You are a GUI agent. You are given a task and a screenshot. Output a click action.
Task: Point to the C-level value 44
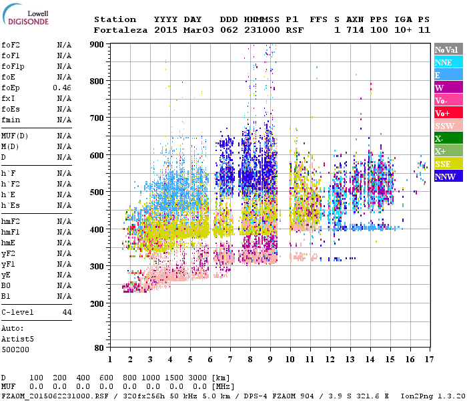[67, 312]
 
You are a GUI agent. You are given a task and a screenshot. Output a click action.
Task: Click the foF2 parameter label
[10, 45]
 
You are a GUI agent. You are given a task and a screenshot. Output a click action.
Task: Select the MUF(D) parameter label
[14, 136]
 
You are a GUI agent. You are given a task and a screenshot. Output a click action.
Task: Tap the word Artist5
[17, 339]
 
